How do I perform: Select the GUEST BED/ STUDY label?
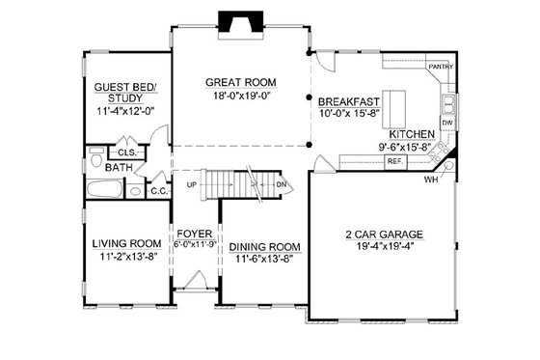(x=124, y=92)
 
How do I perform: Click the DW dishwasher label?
(x=447, y=125)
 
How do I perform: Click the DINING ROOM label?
(x=265, y=247)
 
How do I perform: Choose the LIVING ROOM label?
(x=125, y=243)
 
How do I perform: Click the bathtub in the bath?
(x=104, y=190)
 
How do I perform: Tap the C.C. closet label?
(x=159, y=191)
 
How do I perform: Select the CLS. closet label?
(x=125, y=152)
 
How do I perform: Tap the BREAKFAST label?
(x=347, y=100)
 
